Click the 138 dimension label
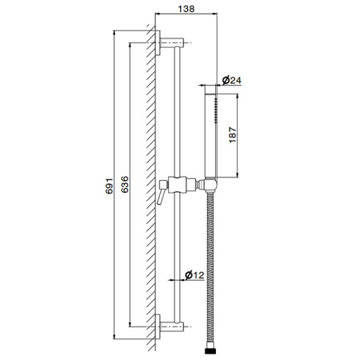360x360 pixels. (x=186, y=9)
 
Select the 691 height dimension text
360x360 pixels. (x=110, y=186)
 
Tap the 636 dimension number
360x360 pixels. (x=125, y=184)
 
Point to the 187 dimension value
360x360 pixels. (x=233, y=135)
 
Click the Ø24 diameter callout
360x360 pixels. (x=231, y=80)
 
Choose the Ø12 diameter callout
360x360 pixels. (x=194, y=274)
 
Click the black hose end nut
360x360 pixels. (x=210, y=350)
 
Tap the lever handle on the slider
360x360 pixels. (x=162, y=192)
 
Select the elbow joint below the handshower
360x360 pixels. (x=210, y=185)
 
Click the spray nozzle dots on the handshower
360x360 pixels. (x=215, y=110)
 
